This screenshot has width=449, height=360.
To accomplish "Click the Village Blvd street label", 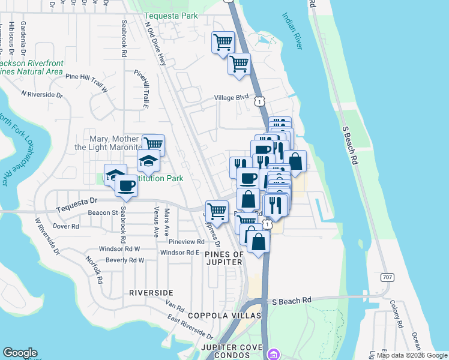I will [232, 98].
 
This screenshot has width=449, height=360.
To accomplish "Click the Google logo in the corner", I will [20, 353].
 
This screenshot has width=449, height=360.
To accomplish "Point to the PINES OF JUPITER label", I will [224, 258].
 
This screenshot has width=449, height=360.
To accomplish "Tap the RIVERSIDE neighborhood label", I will [151, 292].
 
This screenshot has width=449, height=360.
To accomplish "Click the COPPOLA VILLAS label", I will [224, 316].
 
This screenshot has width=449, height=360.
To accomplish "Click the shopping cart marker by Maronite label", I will [154, 144].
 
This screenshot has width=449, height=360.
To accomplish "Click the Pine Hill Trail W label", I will [86, 82].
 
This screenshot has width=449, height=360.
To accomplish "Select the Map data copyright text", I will [412, 355].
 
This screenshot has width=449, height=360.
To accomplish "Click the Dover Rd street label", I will [66, 226].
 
